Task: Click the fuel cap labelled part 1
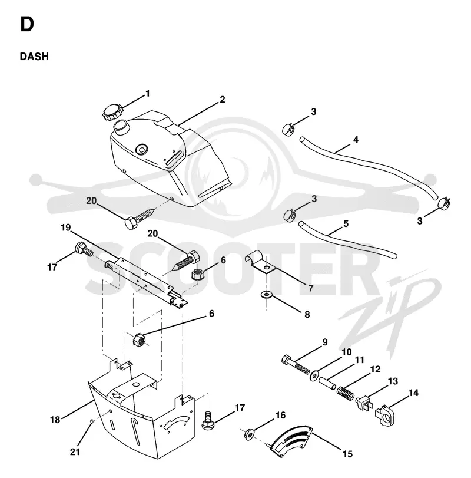pyautogui.click(x=112, y=112)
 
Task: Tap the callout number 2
pyautogui.click(x=223, y=100)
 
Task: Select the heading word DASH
pyautogui.click(x=34, y=57)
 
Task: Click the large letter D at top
pyautogui.click(x=27, y=24)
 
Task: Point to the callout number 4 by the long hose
pyautogui.click(x=356, y=140)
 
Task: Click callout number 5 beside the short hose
pyautogui.click(x=346, y=224)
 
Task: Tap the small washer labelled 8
pyautogui.click(x=267, y=295)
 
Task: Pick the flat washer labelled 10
pyautogui.click(x=314, y=375)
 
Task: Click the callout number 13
pyautogui.click(x=393, y=381)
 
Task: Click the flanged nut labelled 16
pyautogui.click(x=250, y=434)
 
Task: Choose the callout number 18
pyautogui.click(x=55, y=420)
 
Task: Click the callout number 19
pyautogui.click(x=66, y=228)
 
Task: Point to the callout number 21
pyautogui.click(x=75, y=452)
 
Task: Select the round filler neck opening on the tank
pyautogui.click(x=121, y=126)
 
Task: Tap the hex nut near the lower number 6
pyautogui.click(x=139, y=339)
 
